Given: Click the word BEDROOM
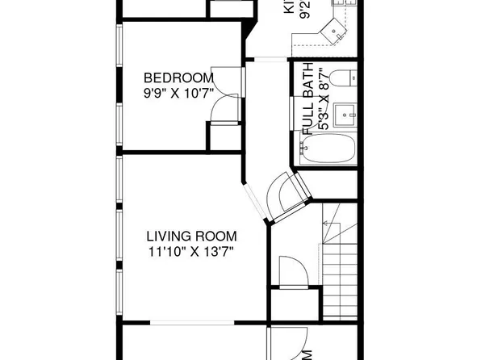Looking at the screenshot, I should pos(178,77).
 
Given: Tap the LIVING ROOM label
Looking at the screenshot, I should pos(191,237).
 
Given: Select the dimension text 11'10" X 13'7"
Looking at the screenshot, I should pos(191,251).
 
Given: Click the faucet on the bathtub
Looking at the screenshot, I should pos(304,148).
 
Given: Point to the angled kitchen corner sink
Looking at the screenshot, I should pos(333,31).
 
